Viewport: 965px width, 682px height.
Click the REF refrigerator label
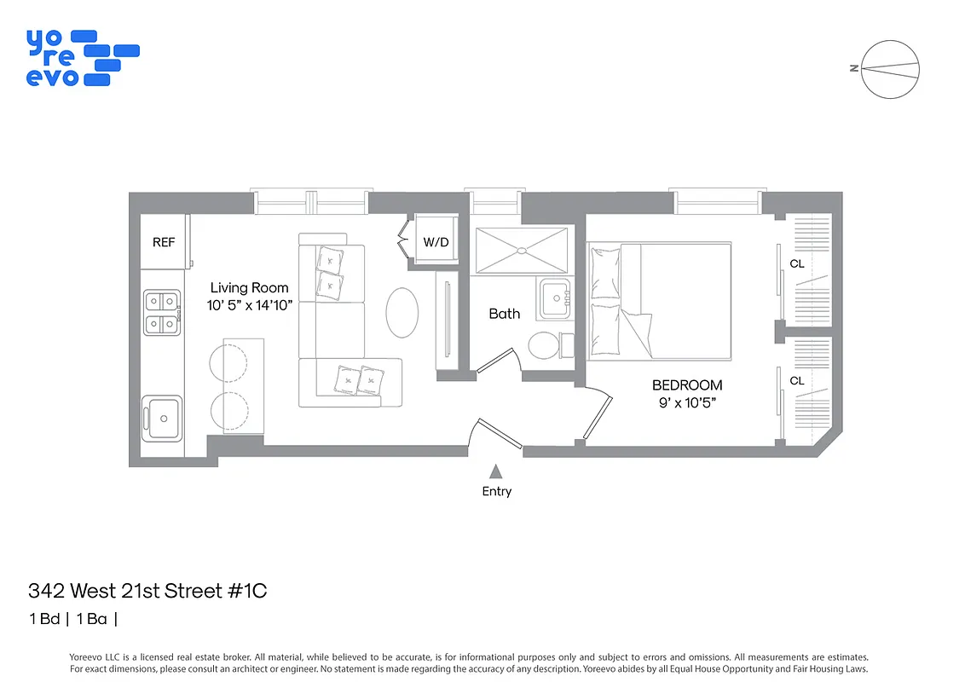click(164, 242)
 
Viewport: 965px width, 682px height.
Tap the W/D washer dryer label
click(436, 242)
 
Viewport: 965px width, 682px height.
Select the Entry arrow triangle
click(495, 471)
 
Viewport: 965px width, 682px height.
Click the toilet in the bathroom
click(545, 346)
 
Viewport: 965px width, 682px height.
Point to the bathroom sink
click(555, 298)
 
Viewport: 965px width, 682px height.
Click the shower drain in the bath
click(521, 251)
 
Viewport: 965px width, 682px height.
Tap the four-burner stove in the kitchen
click(161, 312)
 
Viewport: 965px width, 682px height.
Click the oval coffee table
click(402, 313)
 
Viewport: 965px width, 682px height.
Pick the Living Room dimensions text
click(250, 304)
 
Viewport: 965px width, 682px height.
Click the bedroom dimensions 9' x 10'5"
click(686, 402)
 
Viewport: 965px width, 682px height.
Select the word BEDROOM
click(686, 385)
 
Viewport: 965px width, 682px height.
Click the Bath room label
click(504, 314)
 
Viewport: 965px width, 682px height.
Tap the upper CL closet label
click(796, 263)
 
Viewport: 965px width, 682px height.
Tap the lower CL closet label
click(796, 380)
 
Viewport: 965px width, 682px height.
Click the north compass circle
click(891, 69)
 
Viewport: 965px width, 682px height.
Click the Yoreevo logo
click(82, 57)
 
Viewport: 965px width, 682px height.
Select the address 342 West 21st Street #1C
click(147, 591)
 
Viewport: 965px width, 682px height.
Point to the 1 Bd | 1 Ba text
click(72, 619)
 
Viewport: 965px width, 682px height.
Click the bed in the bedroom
click(659, 300)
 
